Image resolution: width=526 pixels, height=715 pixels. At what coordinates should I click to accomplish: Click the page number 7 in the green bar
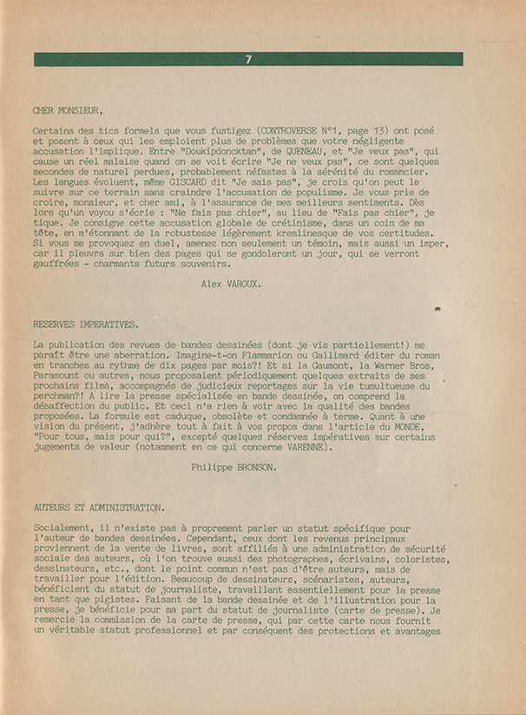pyautogui.click(x=248, y=59)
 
